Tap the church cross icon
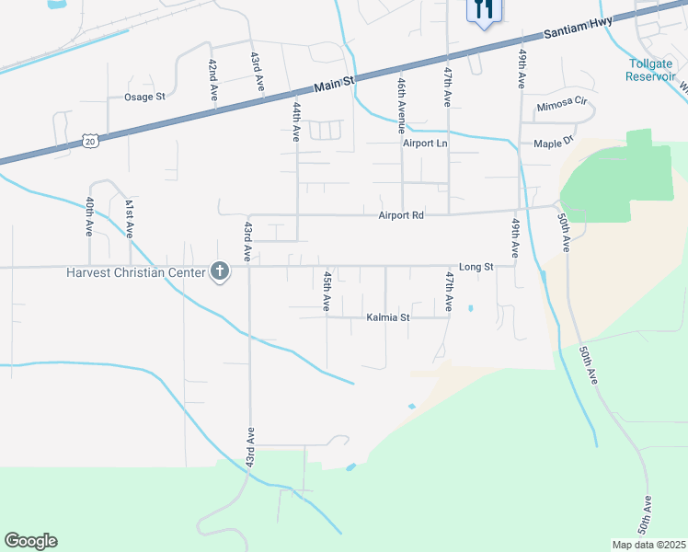tap(219, 271)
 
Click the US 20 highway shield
tap(89, 140)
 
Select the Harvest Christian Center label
tap(136, 272)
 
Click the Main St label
tap(334, 85)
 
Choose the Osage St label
tap(144, 97)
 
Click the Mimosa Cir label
tap(561, 105)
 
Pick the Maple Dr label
tap(554, 143)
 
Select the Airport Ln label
tap(424, 144)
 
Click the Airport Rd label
tap(401, 215)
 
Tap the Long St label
tap(476, 267)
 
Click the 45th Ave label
tap(327, 291)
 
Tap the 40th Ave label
tap(90, 217)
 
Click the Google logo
tap(30, 541)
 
